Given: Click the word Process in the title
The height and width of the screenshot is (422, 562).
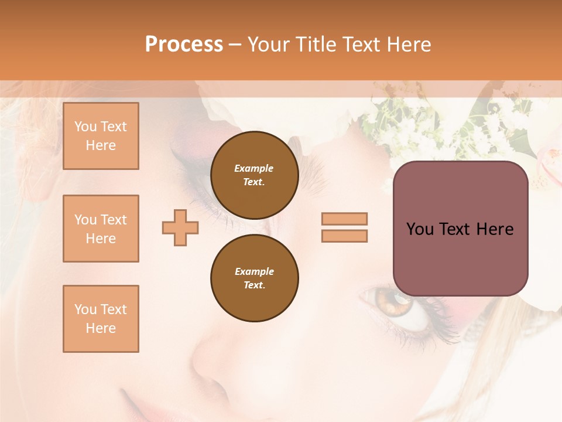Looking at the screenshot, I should pyautogui.click(x=184, y=44).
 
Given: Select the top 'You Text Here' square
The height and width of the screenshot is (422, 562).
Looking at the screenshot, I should pyautogui.click(x=101, y=136).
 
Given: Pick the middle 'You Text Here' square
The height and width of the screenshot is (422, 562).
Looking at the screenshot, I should pyautogui.click(x=101, y=229).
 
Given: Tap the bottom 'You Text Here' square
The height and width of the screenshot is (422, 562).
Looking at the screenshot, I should pyautogui.click(x=101, y=319).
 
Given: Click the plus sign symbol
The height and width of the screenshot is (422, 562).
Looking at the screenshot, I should pyautogui.click(x=180, y=229).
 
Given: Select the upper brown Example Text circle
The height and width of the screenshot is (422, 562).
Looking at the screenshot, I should pyautogui.click(x=254, y=175).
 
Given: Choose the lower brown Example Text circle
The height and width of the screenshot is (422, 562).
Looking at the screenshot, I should pyautogui.click(x=254, y=278).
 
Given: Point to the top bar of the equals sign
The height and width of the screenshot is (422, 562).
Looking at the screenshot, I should pyautogui.click(x=344, y=219).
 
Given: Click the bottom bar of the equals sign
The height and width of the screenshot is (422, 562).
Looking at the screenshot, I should pyautogui.click(x=344, y=236).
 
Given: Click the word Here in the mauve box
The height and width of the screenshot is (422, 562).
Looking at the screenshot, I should pyautogui.click(x=495, y=229).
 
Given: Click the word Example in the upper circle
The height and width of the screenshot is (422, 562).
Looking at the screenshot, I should pyautogui.click(x=254, y=168).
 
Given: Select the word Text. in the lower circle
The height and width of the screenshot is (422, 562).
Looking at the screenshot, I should pyautogui.click(x=254, y=285).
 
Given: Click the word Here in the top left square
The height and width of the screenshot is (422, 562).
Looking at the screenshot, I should pyautogui.click(x=101, y=145).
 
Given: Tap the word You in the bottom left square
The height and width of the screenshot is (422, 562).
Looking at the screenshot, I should pyautogui.click(x=85, y=309).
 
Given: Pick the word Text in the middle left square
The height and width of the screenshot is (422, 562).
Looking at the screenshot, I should pyautogui.click(x=114, y=220).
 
